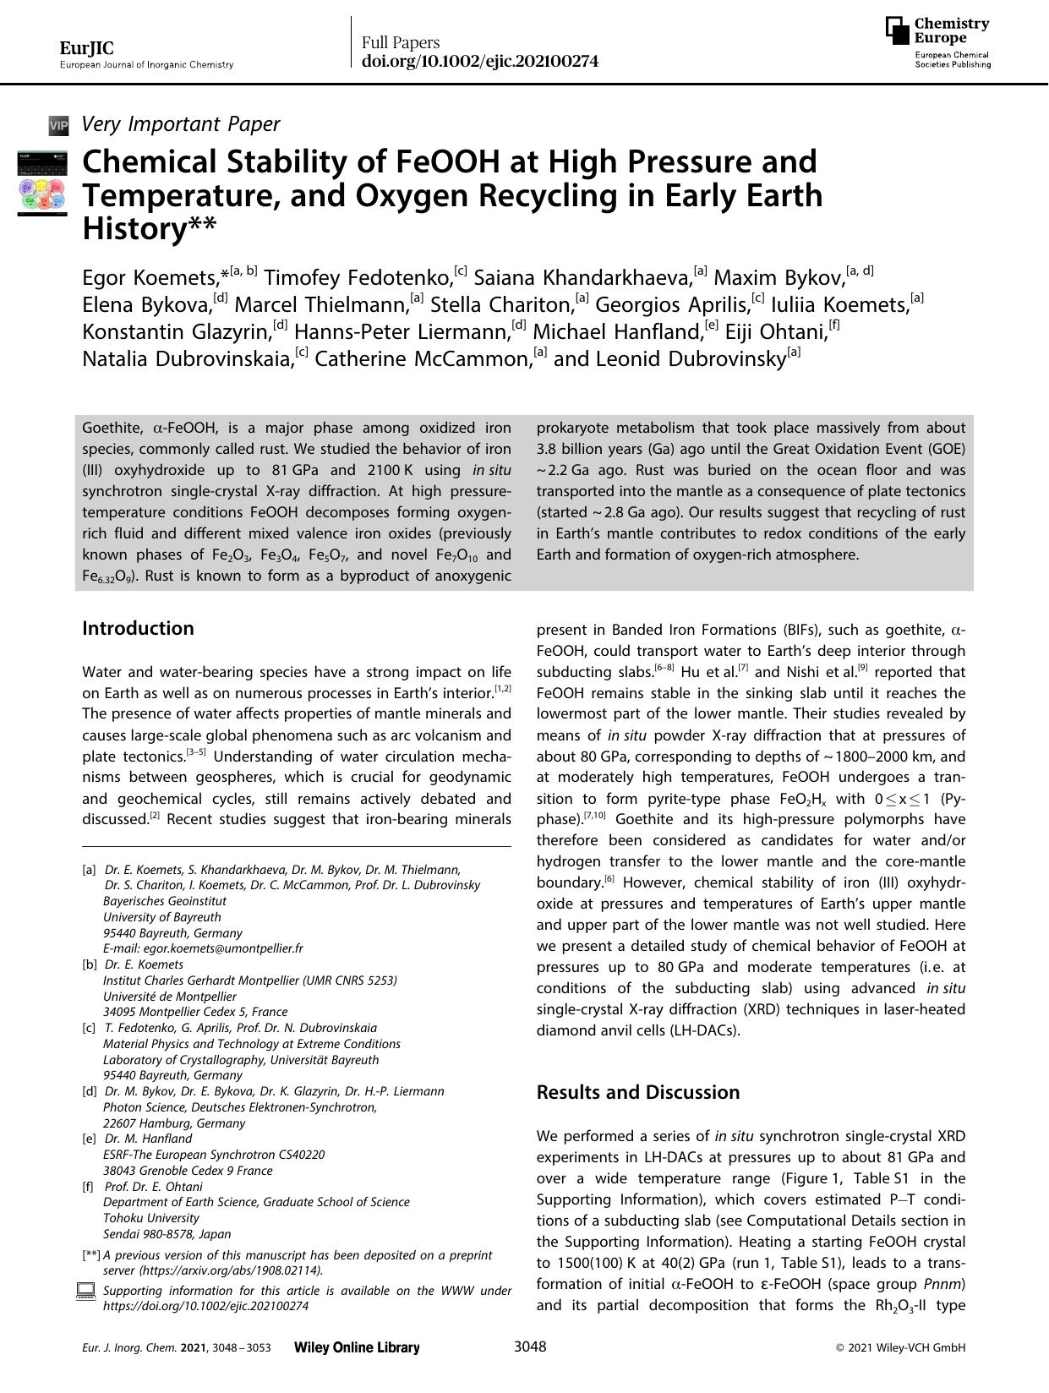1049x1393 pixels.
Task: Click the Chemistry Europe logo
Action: tap(937, 42)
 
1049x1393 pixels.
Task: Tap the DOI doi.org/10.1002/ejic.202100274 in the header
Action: tap(480, 61)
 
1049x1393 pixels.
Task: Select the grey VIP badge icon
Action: tap(58, 126)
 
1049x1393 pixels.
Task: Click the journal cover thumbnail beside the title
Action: tap(42, 182)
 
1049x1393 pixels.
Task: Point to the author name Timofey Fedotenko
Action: tap(358, 277)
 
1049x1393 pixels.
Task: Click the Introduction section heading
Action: tap(138, 628)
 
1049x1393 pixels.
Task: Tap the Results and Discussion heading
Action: tap(638, 1092)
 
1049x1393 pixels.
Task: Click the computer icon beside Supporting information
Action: tap(85, 1291)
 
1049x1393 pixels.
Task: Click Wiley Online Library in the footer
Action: tap(356, 1347)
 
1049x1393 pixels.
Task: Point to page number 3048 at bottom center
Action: tap(530, 1347)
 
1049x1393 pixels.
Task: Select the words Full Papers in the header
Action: tap(401, 42)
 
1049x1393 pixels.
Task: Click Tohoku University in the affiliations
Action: tap(150, 1218)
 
